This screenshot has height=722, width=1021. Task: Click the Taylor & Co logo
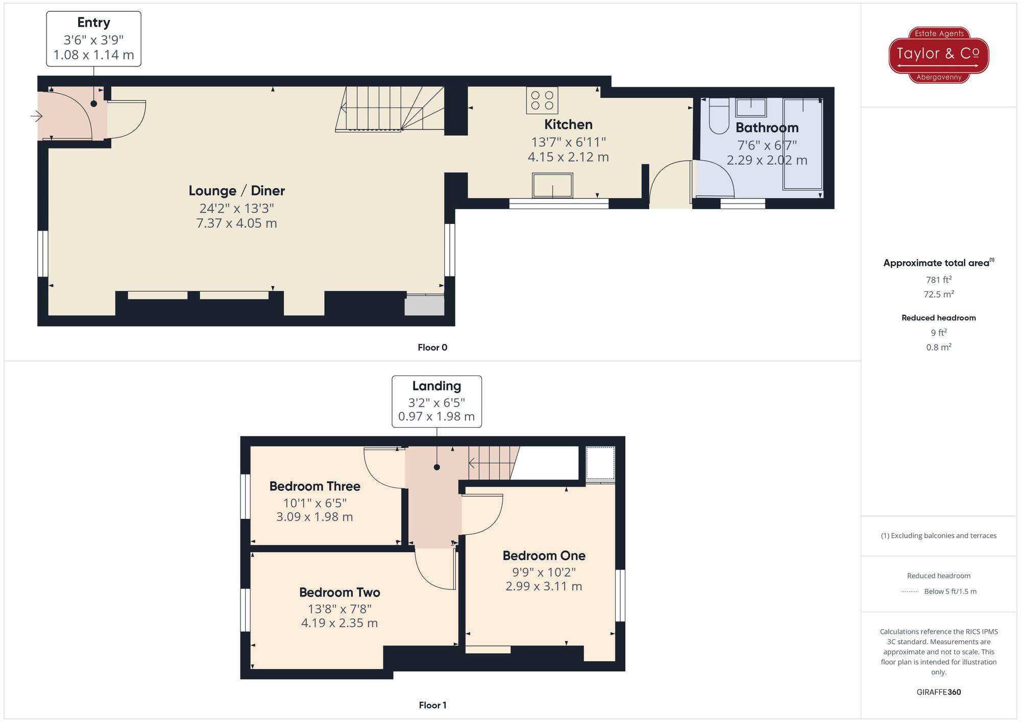939,55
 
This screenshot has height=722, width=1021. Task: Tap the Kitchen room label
568,125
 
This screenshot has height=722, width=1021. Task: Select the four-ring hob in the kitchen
542,100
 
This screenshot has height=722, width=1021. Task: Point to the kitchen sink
552,185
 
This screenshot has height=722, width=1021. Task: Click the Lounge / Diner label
236,191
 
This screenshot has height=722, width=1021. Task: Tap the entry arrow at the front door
36,116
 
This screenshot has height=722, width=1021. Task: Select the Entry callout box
93,39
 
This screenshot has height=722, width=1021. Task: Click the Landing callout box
436,402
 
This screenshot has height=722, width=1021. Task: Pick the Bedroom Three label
314,486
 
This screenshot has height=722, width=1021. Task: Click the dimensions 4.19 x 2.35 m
339,623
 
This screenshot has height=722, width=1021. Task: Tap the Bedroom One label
544,556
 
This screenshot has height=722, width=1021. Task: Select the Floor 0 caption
432,347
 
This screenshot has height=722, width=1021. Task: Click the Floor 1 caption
432,705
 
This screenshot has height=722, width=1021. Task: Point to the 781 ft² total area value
938,280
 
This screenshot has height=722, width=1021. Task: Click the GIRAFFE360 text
938,692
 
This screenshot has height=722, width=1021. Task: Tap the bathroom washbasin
750,108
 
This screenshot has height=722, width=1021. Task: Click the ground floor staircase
391,109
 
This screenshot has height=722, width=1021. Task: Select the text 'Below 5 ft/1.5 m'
950,591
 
